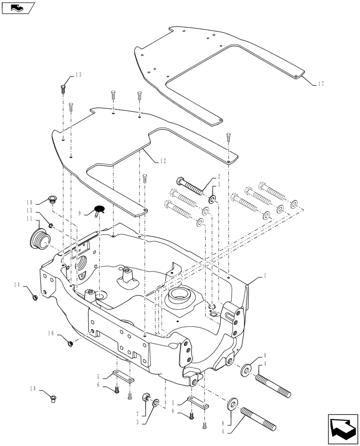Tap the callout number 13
(x=78, y=75)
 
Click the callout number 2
(x=219, y=176)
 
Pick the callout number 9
(x=80, y=214)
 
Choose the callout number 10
(x=29, y=202)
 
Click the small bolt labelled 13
(x=63, y=88)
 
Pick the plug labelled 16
(x=70, y=343)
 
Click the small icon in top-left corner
(x=18, y=8)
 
